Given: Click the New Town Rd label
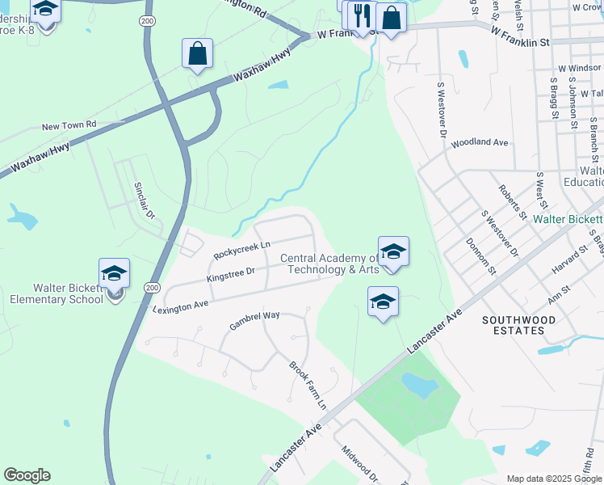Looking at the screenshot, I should click(69, 126).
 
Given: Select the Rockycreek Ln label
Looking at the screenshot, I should click(242, 251).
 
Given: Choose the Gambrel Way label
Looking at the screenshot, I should click(254, 321).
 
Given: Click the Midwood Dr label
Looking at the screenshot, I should click(359, 464).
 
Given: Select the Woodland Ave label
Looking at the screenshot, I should click(480, 143).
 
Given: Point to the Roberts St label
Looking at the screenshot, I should click(512, 202).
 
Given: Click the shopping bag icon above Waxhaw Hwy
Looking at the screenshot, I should click(197, 53).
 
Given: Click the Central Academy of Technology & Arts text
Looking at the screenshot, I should click(329, 264).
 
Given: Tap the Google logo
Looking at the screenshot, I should click(27, 475).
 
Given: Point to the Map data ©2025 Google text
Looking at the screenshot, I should click(553, 479).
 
